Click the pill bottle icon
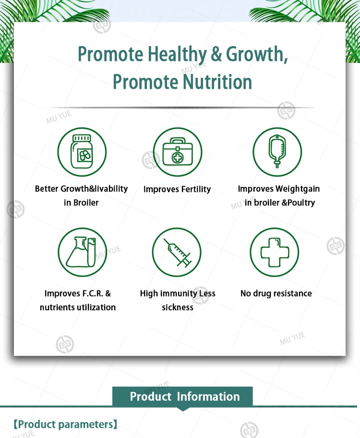(82, 152)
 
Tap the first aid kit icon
(177, 151)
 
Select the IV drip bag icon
(277, 151)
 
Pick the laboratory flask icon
(81, 252)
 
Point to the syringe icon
(177, 253)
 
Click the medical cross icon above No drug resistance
(275, 252)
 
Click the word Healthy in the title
(177, 54)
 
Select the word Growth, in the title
(257, 54)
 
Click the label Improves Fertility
(177, 189)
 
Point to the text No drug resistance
(276, 293)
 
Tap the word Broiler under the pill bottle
(86, 203)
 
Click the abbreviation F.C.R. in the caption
(93, 293)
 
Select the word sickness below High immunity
(178, 307)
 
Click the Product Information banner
(183, 397)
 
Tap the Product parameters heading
(65, 425)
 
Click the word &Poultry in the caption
(298, 203)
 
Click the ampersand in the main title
(216, 54)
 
